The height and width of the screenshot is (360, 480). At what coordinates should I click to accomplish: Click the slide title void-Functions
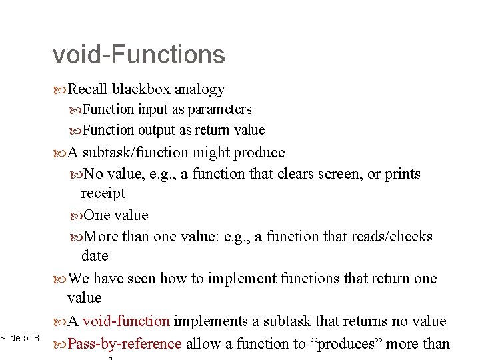coord(139,55)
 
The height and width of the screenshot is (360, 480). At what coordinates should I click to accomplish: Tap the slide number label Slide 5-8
coord(20,339)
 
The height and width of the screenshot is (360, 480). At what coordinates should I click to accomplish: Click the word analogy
coord(200,89)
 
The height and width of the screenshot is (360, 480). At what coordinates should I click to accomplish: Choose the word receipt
coord(103,193)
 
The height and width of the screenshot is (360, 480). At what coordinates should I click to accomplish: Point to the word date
coord(95,256)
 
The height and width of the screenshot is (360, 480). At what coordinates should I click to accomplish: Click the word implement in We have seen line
coord(238,278)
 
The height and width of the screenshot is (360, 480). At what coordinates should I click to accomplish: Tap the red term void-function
coord(126,321)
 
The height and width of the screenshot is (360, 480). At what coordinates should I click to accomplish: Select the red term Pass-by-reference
coord(125,344)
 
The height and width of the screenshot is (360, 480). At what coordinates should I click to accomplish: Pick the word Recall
coord(88,89)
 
